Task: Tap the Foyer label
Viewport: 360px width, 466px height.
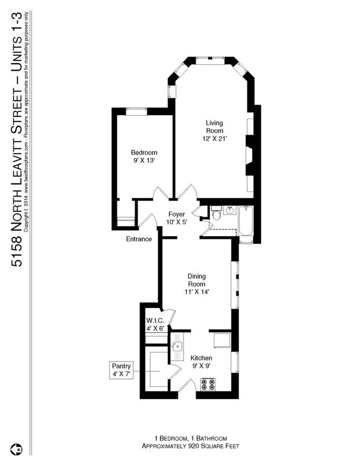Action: (176, 214)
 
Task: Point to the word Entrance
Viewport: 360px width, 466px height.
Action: (138, 239)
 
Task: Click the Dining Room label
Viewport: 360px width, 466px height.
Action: (197, 280)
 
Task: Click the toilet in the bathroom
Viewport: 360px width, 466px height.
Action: (217, 213)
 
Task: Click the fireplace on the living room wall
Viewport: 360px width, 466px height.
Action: (250, 155)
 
